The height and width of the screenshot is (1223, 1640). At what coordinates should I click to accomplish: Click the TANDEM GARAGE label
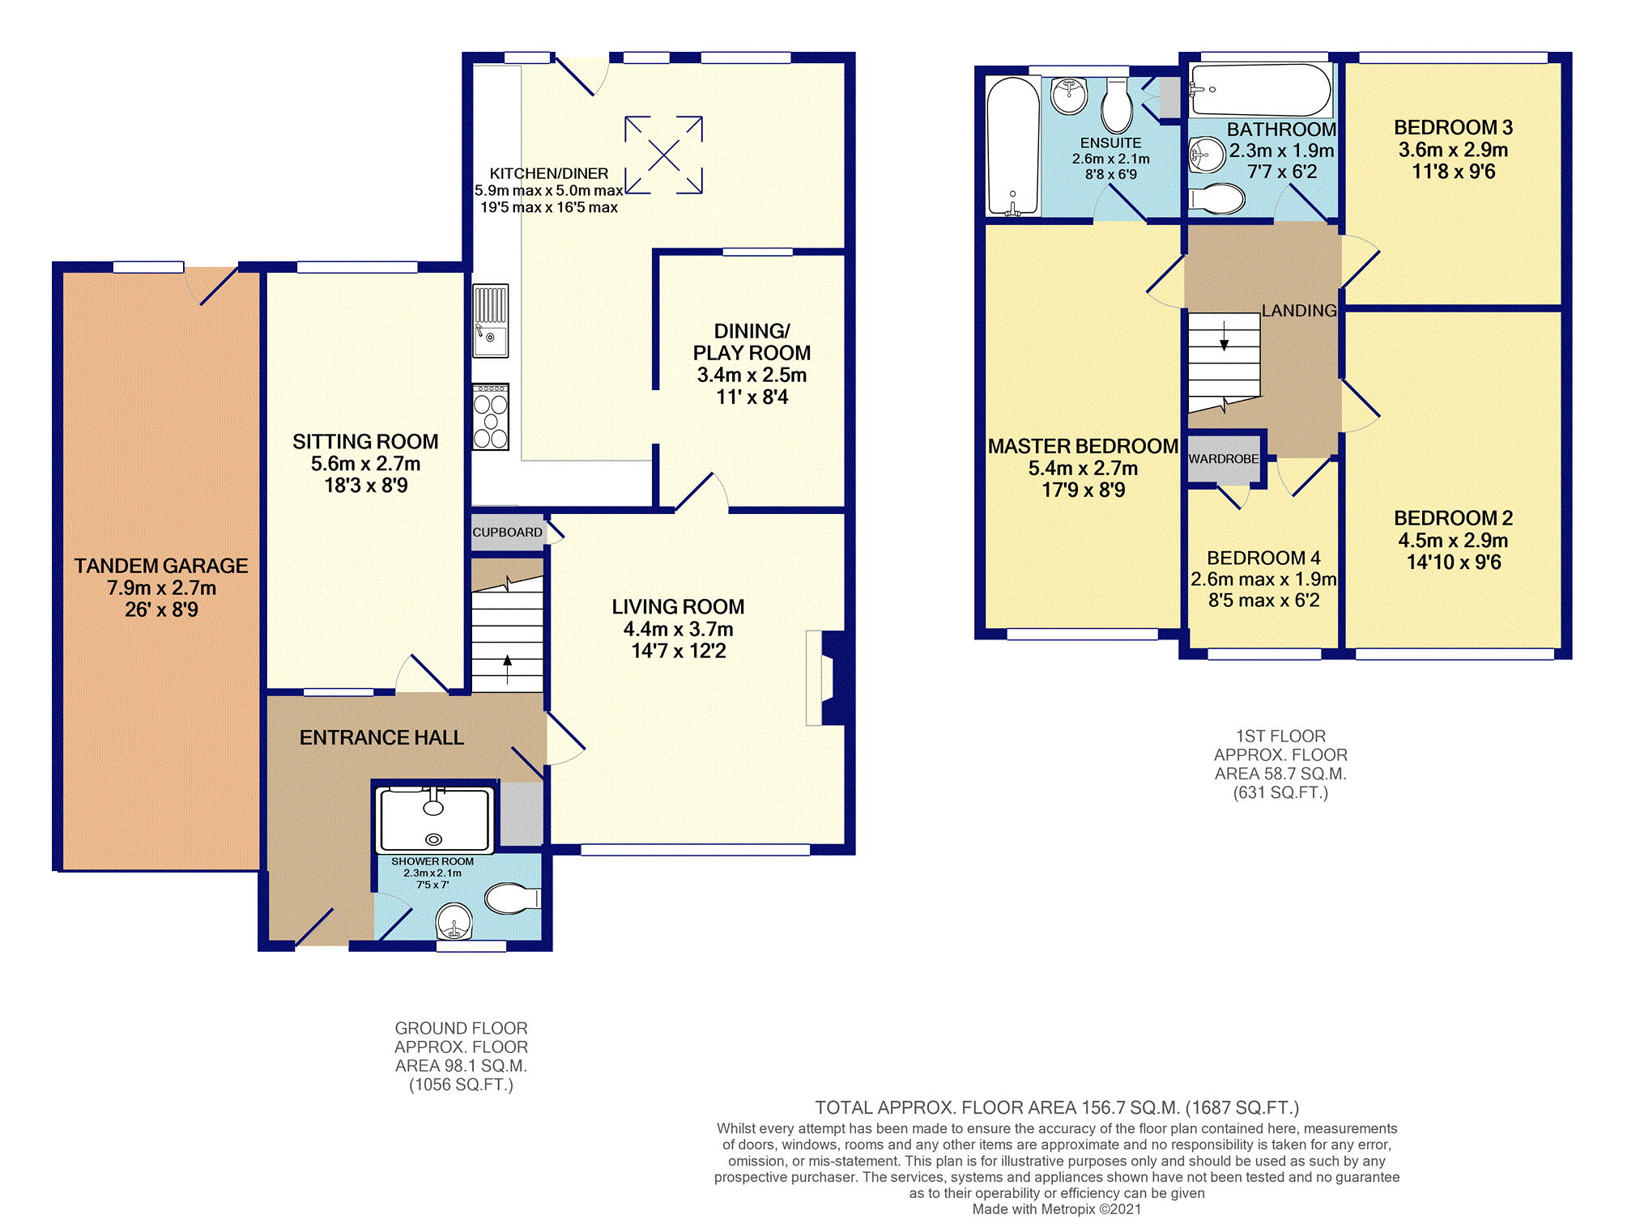coord(161,566)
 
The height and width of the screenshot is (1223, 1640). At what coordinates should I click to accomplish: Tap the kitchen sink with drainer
coord(491,321)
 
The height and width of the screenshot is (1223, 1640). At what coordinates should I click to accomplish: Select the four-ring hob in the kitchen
coord(491,417)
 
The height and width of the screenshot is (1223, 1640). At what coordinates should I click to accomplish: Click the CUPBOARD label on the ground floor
coord(507,533)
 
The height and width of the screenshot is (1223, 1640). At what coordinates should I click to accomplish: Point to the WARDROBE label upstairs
coord(1224,459)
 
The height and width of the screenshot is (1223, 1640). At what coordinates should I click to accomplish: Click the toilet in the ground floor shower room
coord(513,898)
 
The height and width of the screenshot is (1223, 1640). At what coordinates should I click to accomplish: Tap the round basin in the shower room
coord(454,921)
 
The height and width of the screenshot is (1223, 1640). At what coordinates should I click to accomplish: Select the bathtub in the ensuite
coord(1012,147)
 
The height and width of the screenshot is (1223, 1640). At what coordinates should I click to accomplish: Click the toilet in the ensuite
coord(1117,105)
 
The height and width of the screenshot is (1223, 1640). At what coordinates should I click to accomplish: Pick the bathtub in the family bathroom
coord(1260,91)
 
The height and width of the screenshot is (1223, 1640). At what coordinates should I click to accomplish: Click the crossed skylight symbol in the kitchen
coord(663,155)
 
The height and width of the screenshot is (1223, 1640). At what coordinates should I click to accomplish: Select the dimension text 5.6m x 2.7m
coord(366,464)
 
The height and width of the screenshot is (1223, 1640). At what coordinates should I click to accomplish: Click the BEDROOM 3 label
coord(1453,127)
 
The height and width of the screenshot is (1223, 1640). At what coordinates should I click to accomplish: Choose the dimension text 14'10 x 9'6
coord(1454,562)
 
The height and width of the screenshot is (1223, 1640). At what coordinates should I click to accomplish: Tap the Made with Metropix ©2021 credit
coord(1057,1208)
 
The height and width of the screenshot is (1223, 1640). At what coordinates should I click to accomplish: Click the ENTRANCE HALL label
coord(381,737)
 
